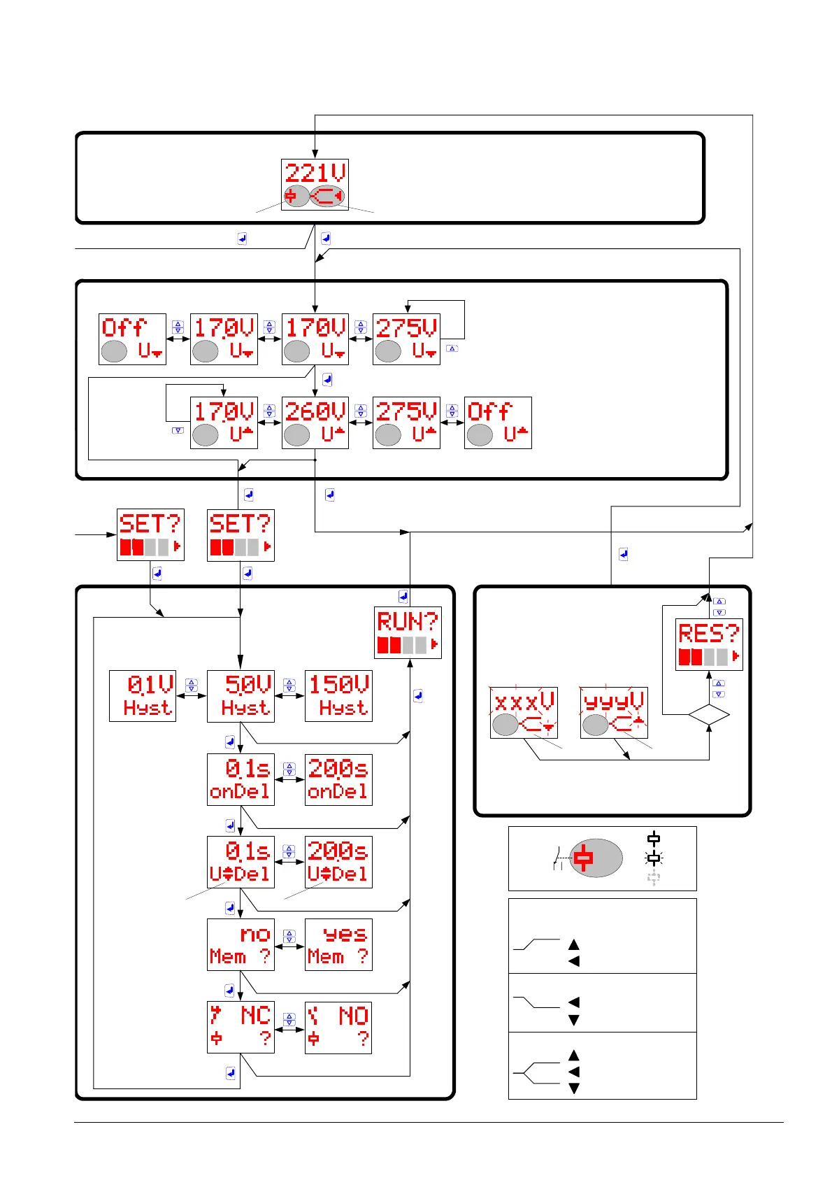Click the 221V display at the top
tap(315, 185)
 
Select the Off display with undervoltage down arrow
tap(132, 339)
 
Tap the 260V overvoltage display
tap(315, 423)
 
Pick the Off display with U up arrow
tap(498, 423)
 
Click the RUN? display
tap(408, 632)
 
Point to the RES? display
tap(708, 644)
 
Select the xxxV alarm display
tap(524, 712)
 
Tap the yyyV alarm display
tap(614, 712)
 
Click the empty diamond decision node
tap(708, 715)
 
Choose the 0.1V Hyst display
tap(143, 696)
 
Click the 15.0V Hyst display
tap(338, 696)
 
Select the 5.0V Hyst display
tap(241, 696)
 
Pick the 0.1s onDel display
tap(241, 779)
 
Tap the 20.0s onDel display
tap(338, 779)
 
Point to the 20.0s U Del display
tap(338, 862)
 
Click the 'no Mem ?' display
tap(241, 944)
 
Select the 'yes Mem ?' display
tap(338, 944)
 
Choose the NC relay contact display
tap(241, 1028)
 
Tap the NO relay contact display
tap(338, 1028)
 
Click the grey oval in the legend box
tap(596, 858)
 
